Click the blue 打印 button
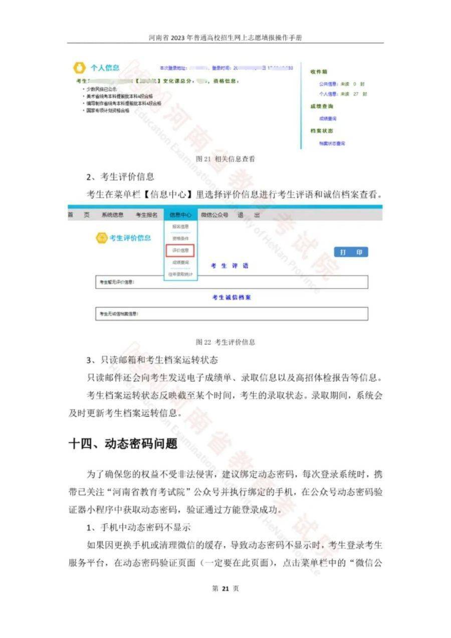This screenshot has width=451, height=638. [x=351, y=252]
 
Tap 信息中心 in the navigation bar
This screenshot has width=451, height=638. [x=180, y=215]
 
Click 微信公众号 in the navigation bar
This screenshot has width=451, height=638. [x=214, y=215]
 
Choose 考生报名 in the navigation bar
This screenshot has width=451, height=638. [x=146, y=215]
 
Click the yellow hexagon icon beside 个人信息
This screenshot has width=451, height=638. [x=79, y=68]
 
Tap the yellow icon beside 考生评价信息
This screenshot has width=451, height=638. [x=102, y=238]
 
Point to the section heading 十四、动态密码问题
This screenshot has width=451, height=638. [x=123, y=444]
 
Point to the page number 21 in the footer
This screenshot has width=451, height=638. [x=225, y=588]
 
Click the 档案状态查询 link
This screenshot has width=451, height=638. [x=332, y=143]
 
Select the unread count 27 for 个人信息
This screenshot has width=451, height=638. [x=356, y=94]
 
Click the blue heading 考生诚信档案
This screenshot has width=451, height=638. [x=231, y=297]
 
